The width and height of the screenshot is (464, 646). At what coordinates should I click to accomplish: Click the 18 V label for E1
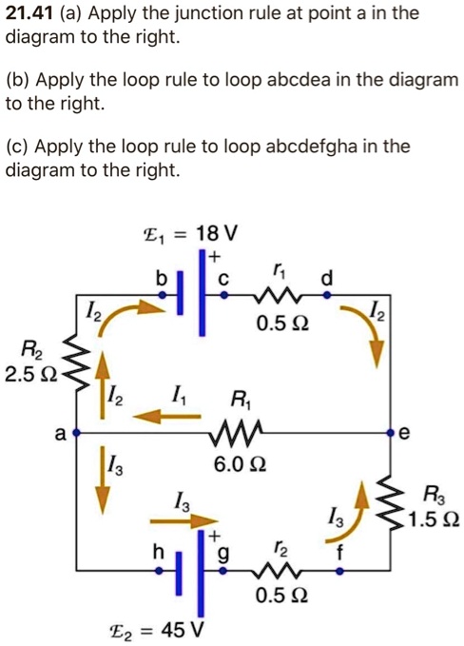click(x=219, y=232)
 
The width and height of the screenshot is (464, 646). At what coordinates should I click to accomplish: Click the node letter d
click(x=328, y=277)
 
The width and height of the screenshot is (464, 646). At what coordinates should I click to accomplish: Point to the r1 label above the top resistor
click(x=278, y=270)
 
